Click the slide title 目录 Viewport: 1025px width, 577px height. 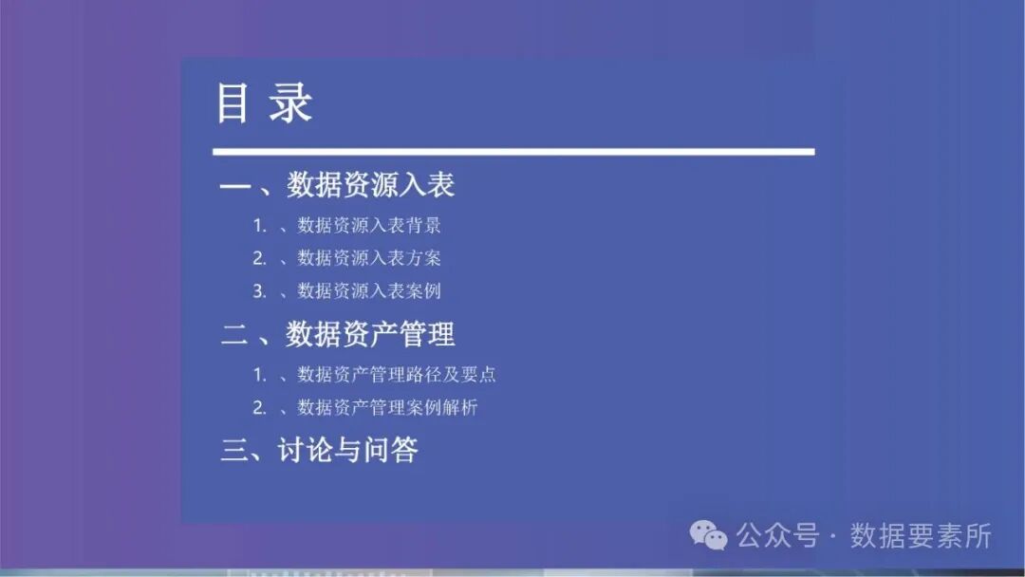[x=264, y=103]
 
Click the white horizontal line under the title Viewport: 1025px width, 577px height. [x=512, y=152]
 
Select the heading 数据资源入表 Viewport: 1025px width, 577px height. [x=371, y=184]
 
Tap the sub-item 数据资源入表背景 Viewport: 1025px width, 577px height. [x=369, y=226]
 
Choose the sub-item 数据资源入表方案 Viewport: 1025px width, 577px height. [x=369, y=258]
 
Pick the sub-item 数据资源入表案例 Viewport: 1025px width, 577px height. [x=369, y=290]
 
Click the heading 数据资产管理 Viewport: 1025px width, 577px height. [x=371, y=334]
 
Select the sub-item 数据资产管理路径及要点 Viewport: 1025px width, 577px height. [x=397, y=375]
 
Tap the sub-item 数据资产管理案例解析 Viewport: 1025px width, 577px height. [x=387, y=408]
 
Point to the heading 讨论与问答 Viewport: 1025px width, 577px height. [x=348, y=450]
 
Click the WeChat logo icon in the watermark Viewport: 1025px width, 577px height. [x=709, y=536]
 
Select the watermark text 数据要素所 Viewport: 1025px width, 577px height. [x=921, y=536]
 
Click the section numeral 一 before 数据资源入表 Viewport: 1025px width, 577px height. [x=234, y=185]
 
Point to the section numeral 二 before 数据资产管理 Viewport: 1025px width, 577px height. [x=234, y=334]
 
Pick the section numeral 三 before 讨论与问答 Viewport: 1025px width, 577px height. [x=234, y=450]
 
